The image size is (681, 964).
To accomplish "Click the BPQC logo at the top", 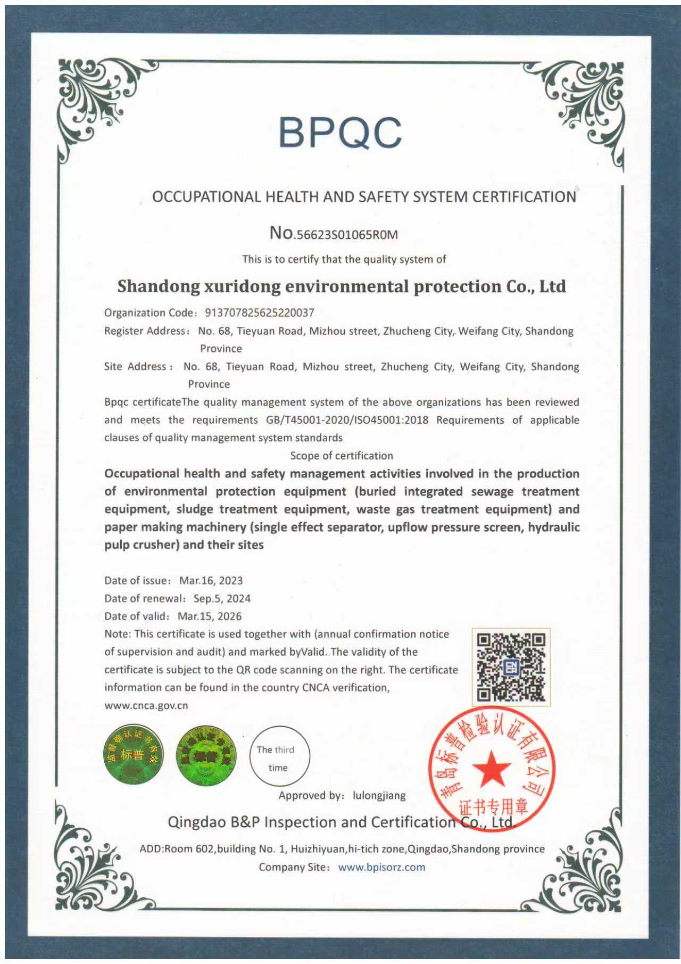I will pos(340,133).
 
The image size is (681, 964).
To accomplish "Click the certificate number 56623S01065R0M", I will pos(347,235).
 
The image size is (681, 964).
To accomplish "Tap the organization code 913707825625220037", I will pos(260,313).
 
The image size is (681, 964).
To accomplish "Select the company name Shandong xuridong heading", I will pos(341,286).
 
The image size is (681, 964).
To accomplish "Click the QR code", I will pos(511,666).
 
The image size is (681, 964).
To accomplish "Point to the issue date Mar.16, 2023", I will pos(211,581).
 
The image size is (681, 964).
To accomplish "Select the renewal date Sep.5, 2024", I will pos(222,598).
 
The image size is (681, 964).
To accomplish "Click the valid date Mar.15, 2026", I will pos(210,616).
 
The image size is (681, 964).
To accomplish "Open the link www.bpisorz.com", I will pos(381,867).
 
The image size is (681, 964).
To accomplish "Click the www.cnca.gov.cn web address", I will pos(146,706).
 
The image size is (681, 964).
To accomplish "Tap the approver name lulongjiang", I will pos(379,796).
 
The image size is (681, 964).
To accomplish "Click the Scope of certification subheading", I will pos(342,456).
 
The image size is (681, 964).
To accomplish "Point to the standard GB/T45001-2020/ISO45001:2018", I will pos(347,420).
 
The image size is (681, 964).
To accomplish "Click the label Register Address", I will pos(145,331).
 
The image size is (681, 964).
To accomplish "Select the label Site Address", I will pos(135,367).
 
